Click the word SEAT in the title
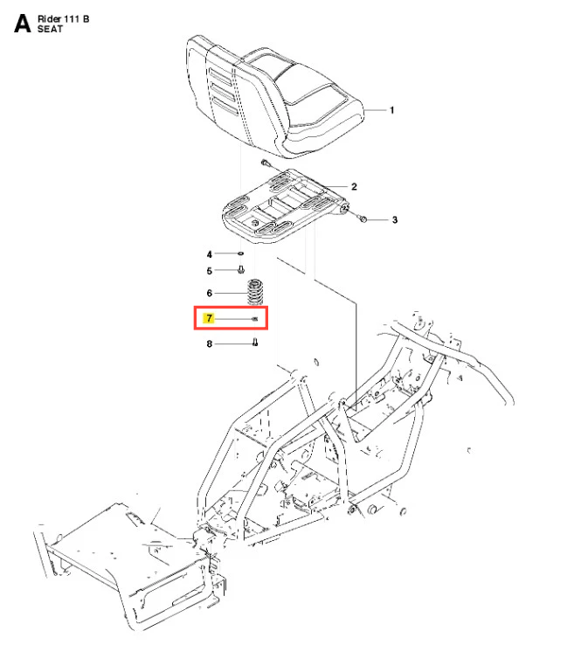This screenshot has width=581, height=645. point(52,29)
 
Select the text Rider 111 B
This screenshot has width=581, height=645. point(64,17)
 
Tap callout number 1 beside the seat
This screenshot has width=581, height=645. point(391,110)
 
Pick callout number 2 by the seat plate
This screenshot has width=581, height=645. point(354,186)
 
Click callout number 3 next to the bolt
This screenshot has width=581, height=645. point(394,220)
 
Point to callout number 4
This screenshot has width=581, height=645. point(209,253)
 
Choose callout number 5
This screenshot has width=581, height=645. point(209,270)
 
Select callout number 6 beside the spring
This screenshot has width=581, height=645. point(209,293)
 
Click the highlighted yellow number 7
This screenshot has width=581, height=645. point(209,319)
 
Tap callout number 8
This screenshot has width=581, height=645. point(209,343)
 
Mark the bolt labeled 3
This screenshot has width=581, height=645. point(363,218)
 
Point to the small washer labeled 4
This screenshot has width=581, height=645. point(240,253)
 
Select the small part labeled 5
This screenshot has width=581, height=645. point(242,270)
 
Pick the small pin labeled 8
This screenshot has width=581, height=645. point(254,343)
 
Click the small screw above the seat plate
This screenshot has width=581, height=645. point(263,163)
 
